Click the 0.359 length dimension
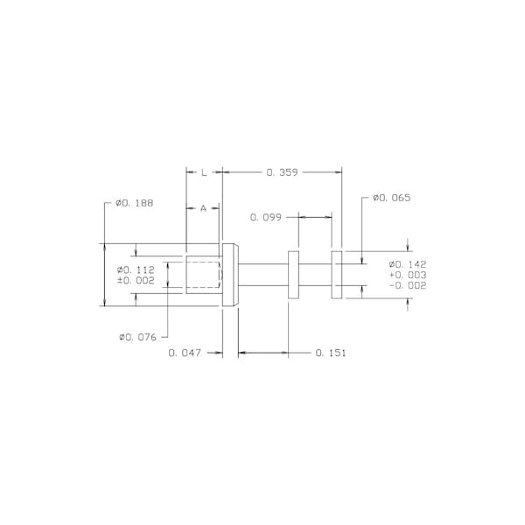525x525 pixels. (x=282, y=172)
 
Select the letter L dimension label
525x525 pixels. (x=204, y=172)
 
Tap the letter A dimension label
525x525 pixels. (x=203, y=208)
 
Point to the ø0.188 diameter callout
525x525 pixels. (x=134, y=203)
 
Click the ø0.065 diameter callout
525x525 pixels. (x=391, y=198)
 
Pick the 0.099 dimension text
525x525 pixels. (x=266, y=217)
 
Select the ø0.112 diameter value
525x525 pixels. (x=136, y=269)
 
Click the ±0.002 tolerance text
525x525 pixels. (x=136, y=280)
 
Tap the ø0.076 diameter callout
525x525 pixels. (x=137, y=337)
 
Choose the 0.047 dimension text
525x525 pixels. (x=185, y=353)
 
